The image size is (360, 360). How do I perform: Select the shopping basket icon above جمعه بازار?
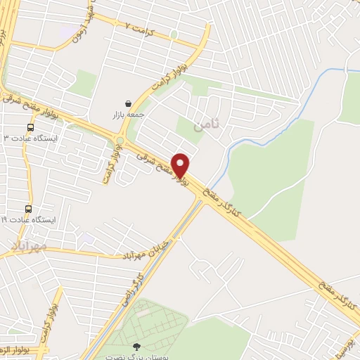[128, 103]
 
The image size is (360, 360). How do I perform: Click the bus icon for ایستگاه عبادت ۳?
[30, 127]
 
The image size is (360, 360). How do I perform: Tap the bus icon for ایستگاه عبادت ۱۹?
[28, 209]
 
